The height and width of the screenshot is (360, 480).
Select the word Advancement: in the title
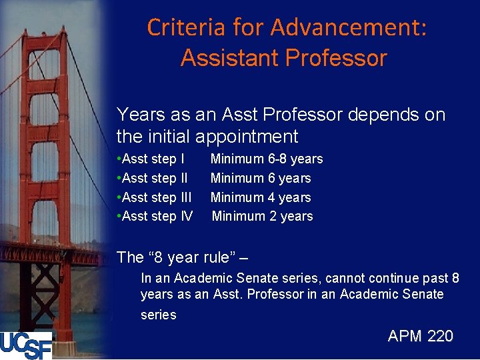coord(349,27)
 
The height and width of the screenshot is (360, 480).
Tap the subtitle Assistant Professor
coord(283,58)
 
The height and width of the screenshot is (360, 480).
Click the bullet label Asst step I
coord(151,159)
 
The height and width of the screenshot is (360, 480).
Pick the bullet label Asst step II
coord(153,178)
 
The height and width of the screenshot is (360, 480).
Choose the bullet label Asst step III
coord(155,197)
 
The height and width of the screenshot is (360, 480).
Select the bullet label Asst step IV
coord(155,216)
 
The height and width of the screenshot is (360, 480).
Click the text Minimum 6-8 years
coord(267,159)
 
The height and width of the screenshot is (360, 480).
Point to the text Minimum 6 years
coord(261,178)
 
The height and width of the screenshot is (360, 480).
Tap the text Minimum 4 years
coord(261,197)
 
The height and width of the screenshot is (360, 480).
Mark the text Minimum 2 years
coord(262,216)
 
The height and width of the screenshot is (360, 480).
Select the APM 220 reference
coord(420,336)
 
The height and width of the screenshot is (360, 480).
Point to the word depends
coord(377,115)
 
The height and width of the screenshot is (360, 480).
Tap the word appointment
coord(247,137)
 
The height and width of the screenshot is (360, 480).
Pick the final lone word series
coord(158,315)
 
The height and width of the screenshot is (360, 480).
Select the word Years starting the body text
coord(139,115)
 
